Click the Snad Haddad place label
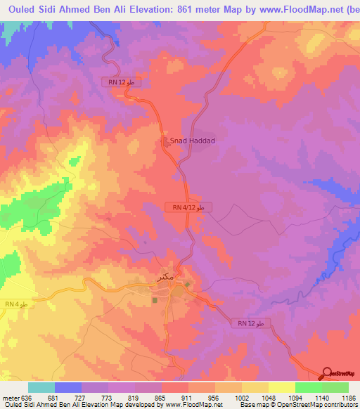(x=192, y=141)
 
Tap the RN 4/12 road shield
(x=188, y=208)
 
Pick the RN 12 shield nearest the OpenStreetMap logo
(x=250, y=323)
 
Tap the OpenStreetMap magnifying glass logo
(x=328, y=372)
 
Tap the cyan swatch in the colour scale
(x=41, y=387)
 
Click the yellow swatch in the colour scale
(x=281, y=387)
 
